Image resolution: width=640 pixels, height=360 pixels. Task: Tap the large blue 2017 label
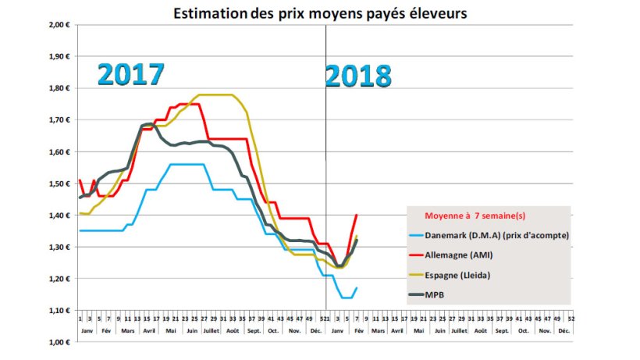131,73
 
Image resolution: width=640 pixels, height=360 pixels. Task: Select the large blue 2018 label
358,76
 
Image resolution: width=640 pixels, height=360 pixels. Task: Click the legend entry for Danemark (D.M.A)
493,234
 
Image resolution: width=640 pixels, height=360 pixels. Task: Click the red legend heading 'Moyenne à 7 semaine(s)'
475,215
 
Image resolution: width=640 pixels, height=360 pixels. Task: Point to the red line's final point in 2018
357,215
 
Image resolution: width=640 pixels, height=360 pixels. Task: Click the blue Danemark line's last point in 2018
357,288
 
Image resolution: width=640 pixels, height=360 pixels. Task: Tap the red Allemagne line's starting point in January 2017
80,180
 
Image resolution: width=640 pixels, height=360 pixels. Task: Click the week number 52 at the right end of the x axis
573,317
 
